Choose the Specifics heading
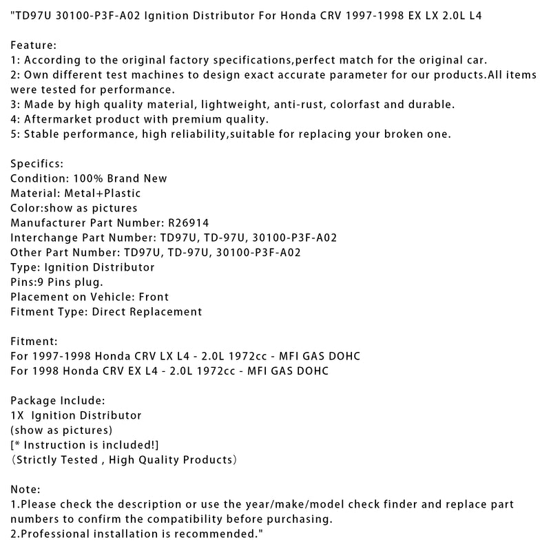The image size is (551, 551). click(37, 164)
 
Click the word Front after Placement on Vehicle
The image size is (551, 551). click(152, 297)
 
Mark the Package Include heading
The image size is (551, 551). click(57, 400)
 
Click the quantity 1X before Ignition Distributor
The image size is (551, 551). click(18, 415)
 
